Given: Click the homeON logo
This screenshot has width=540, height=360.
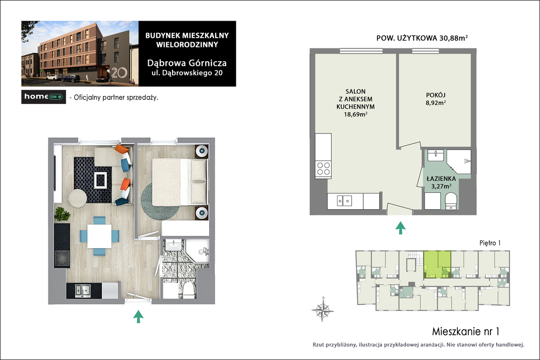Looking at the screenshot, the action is point(43,96).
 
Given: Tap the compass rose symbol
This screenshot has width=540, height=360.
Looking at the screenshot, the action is point(323,310).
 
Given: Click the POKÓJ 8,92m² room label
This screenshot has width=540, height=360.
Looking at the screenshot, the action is point(436,99).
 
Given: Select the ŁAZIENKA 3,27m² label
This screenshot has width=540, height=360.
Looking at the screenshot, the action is point(441,182).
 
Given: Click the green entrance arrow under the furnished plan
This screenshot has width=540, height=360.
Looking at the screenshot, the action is point(138,316).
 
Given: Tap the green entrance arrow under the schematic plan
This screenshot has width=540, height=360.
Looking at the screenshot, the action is point(400,228).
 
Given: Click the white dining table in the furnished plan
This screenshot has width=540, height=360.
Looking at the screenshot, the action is point(99,236).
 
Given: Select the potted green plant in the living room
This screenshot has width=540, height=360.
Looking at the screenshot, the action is point(62,213).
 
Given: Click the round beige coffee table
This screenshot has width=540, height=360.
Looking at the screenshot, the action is point(78,198).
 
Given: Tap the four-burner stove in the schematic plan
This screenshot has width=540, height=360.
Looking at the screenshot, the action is point(323,169).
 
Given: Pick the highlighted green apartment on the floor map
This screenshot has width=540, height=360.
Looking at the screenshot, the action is point(437,264).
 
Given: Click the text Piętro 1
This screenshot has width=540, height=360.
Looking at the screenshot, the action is point(490,243).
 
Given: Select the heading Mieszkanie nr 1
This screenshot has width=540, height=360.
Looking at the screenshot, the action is point(466,332).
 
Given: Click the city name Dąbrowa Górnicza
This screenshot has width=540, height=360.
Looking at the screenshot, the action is point(187,63).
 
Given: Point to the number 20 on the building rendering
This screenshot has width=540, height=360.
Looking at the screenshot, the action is point(119,72).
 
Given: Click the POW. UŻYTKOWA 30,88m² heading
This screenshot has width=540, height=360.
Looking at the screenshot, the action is point(422,38).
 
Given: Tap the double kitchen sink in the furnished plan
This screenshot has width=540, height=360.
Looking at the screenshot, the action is point(83,290).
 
